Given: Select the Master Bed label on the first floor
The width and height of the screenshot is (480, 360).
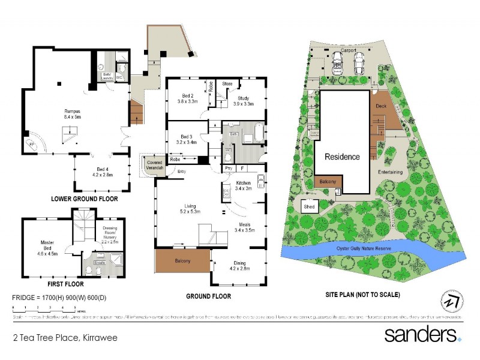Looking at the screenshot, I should tap(47, 245).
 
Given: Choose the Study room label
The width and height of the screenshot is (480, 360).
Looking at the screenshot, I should tap(243, 100).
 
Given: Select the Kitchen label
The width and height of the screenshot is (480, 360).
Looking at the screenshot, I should tap(243, 185).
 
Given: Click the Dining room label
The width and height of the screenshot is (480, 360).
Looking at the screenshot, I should tap(239, 266).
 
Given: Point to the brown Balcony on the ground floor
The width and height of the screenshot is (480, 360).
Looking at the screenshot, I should tap(182, 261).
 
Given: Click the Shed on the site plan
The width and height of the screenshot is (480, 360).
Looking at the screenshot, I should tap(310, 206).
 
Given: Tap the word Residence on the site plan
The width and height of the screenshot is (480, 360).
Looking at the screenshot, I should tap(343, 157).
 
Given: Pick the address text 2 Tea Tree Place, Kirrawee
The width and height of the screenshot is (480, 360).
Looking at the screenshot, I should tap(65, 338).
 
